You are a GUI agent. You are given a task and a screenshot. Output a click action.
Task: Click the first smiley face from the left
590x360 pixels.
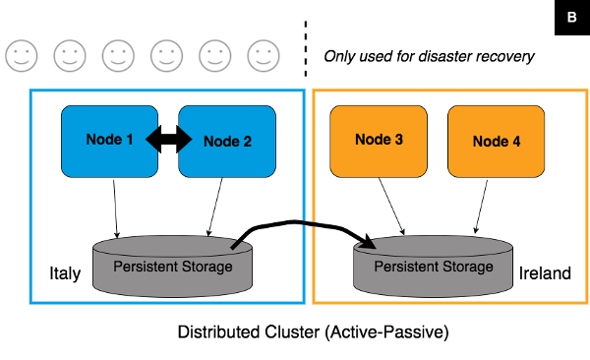(21, 56)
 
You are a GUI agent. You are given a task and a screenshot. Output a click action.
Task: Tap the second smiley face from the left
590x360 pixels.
(69, 56)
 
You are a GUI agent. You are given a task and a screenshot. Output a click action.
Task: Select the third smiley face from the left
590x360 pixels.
(117, 56)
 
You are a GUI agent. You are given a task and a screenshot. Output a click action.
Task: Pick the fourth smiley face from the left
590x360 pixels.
(165, 56)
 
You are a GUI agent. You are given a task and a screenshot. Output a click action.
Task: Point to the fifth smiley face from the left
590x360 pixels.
(213, 56)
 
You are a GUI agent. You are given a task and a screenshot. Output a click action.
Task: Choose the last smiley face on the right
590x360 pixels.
(262, 56)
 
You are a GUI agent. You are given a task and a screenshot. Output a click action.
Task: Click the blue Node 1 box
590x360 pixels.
(109, 141)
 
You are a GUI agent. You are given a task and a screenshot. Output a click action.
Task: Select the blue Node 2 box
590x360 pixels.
(227, 141)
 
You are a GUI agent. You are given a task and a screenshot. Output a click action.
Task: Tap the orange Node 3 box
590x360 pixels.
(379, 141)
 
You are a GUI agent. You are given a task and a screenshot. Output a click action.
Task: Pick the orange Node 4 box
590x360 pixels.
(497, 141)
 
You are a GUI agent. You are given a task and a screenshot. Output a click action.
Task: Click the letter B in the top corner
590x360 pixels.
(572, 18)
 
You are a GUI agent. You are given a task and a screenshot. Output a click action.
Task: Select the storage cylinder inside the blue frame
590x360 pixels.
(172, 266)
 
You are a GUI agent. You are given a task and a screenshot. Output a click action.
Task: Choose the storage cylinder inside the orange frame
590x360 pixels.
(434, 266)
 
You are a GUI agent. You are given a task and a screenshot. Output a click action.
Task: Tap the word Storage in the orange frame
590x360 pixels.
(468, 267)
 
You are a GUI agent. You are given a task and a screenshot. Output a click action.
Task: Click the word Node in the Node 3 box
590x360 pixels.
(371, 140)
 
